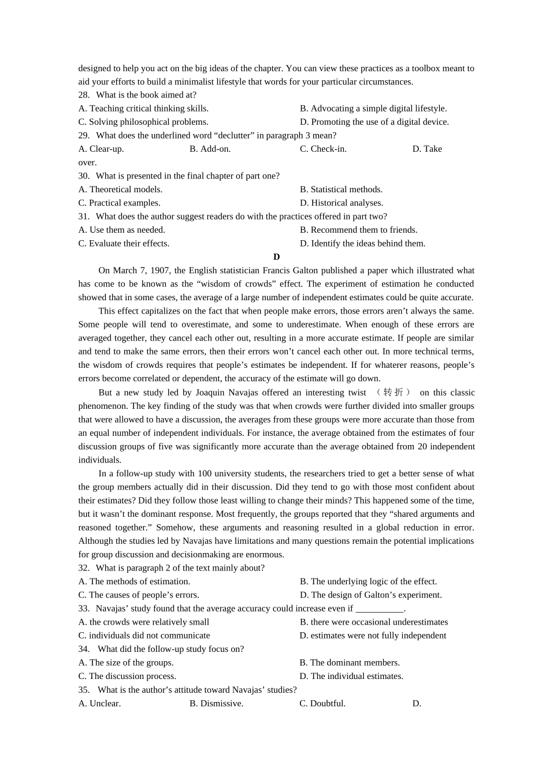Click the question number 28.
tap(84, 95)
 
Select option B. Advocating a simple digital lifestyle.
tap(373, 109)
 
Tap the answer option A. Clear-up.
tap(101, 149)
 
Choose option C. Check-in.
tap(323, 149)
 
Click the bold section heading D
tap(276, 257)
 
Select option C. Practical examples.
tap(119, 203)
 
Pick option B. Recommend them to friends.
tap(358, 230)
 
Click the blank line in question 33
tap(379, 609)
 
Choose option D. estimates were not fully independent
tap(373, 636)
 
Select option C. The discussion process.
tap(127, 676)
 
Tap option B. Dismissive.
tap(216, 703)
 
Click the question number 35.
tap(84, 690)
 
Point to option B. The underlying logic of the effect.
tap(368, 581)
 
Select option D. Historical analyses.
tap(341, 203)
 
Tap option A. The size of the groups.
tap(126, 663)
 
